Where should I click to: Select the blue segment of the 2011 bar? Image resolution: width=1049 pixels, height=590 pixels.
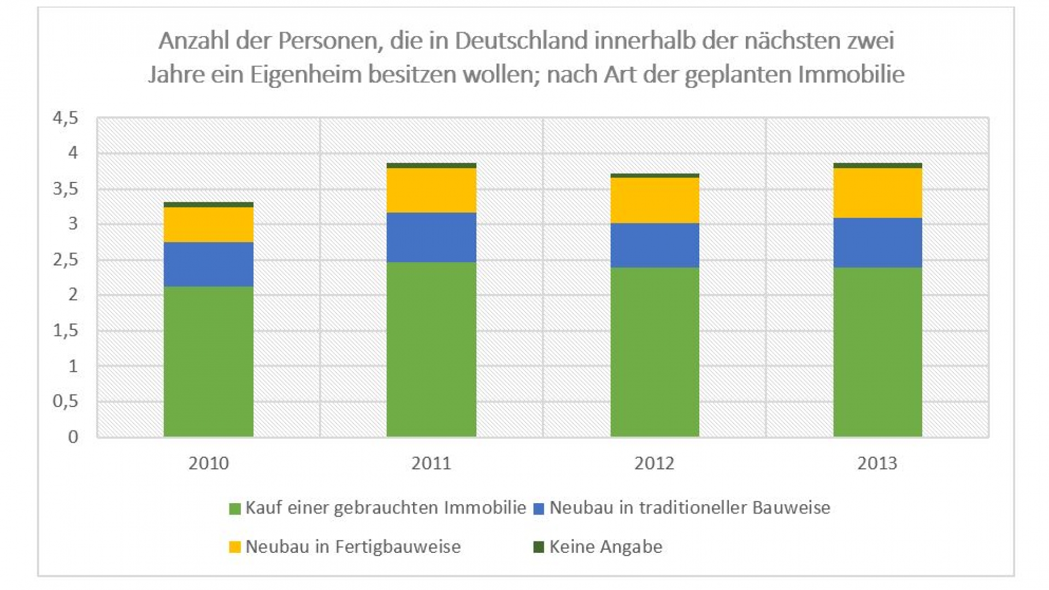pyautogui.click(x=431, y=237)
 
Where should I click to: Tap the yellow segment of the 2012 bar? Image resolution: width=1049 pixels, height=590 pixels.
pyautogui.click(x=655, y=200)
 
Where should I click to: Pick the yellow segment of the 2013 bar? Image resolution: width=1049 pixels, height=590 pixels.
pyautogui.click(x=877, y=193)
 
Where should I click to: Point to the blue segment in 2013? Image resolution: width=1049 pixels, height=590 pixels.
pyautogui.click(x=877, y=243)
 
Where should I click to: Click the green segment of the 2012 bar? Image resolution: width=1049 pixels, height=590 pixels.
pyautogui.click(x=655, y=352)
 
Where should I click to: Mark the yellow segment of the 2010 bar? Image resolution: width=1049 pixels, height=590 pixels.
pyautogui.click(x=208, y=225)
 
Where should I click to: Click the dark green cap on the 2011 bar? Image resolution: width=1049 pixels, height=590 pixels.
pyautogui.click(x=431, y=166)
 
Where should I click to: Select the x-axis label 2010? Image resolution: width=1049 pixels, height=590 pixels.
pyautogui.click(x=208, y=463)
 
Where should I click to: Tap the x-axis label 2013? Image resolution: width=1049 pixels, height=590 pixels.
pyautogui.click(x=877, y=463)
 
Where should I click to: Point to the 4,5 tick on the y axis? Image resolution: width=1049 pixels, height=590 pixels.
pyautogui.click(x=66, y=118)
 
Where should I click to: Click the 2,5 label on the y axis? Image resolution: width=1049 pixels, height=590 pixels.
pyautogui.click(x=66, y=259)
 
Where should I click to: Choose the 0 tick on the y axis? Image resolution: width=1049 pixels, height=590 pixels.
pyautogui.click(x=73, y=436)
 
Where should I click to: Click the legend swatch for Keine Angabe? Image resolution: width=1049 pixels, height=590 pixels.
pyautogui.click(x=539, y=547)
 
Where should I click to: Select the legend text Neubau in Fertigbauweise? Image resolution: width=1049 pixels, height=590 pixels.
pyautogui.click(x=353, y=547)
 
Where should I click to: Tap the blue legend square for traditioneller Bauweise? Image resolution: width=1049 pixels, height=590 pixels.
pyautogui.click(x=539, y=509)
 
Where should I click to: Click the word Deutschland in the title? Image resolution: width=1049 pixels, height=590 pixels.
pyautogui.click(x=522, y=41)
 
